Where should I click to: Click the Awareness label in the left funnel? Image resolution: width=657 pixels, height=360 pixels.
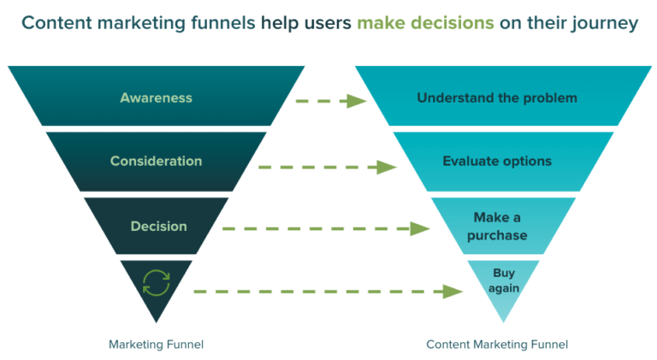click(x=156, y=97)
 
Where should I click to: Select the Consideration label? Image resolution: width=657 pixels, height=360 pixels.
click(x=156, y=161)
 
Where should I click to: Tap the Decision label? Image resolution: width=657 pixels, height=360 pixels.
click(x=158, y=227)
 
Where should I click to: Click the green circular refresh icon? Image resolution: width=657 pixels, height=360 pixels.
click(x=156, y=283)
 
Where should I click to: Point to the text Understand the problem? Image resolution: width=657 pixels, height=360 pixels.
click(x=496, y=97)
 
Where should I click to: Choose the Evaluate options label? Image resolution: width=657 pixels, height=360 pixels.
click(x=496, y=161)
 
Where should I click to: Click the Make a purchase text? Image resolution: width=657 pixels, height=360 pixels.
click(x=500, y=227)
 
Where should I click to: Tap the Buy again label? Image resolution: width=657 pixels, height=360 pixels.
click(x=504, y=280)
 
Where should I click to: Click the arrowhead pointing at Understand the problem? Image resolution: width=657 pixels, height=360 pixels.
click(x=357, y=101)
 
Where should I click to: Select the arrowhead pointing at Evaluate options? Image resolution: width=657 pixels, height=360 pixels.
click(x=388, y=167)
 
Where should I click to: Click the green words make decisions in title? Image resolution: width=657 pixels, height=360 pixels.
click(x=425, y=22)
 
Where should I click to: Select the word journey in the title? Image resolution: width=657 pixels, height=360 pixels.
click(x=607, y=22)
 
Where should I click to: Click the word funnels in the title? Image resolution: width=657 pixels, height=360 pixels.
click(x=215, y=22)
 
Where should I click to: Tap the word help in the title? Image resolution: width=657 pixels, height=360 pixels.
click(x=275, y=22)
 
